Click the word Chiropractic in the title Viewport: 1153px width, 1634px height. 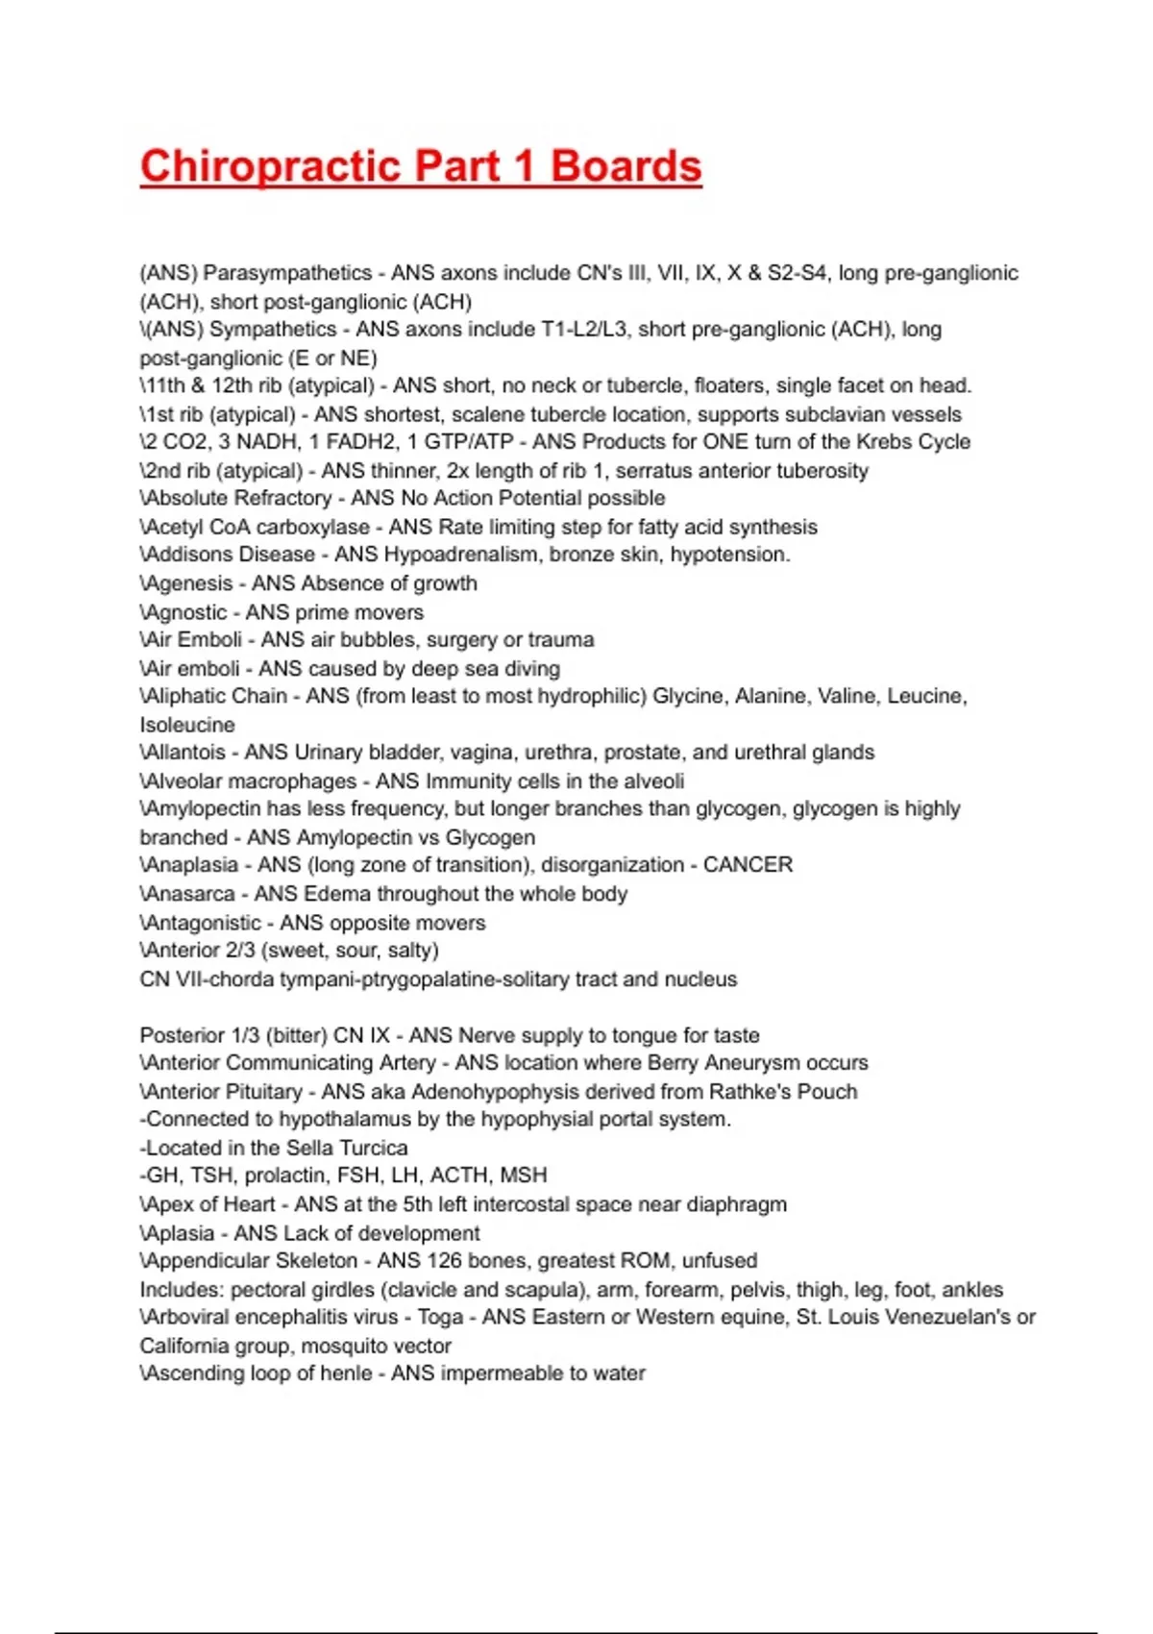click(269, 166)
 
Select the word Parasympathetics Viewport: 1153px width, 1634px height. click(287, 273)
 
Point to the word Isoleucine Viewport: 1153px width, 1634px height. click(187, 725)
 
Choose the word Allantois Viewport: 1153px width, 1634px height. click(184, 753)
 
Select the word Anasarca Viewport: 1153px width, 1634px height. click(188, 894)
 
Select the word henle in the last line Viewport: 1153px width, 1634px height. click(344, 1374)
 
